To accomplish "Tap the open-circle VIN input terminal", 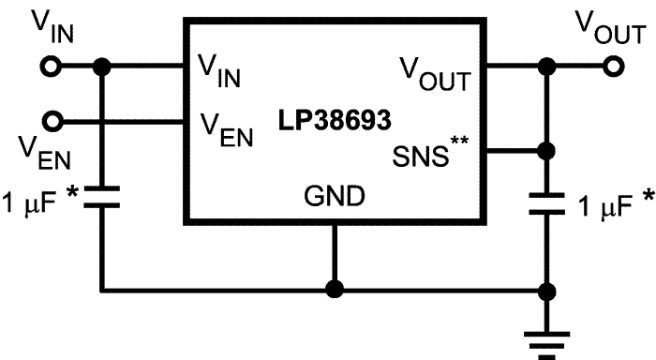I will pyautogui.click(x=54, y=67).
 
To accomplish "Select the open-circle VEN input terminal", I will pyautogui.click(x=54, y=121).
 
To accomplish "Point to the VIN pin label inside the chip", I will pyautogui.click(x=220, y=69).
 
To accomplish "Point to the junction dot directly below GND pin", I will pyautogui.click(x=334, y=288).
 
